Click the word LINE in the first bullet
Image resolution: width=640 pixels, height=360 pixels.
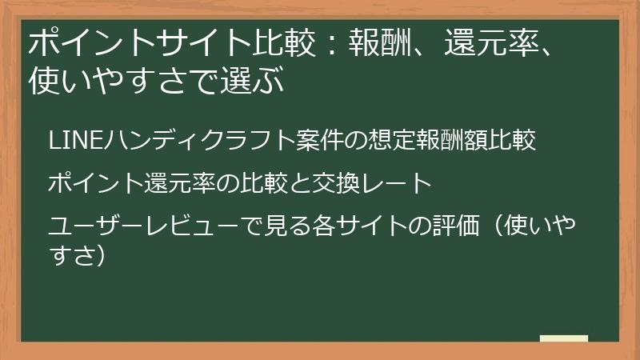tap(67, 141)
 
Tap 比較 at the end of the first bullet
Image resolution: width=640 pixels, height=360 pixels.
tap(511, 141)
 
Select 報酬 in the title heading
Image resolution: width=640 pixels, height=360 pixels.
tap(374, 42)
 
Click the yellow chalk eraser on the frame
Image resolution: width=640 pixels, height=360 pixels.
tap(565, 339)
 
